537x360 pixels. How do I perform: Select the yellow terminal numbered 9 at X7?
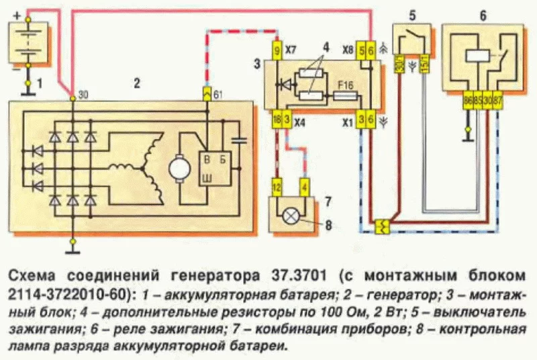tap(277, 50)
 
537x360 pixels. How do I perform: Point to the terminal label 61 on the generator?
tap(218, 95)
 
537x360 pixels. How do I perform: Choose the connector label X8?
tap(348, 50)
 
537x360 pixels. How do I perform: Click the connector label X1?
tap(346, 123)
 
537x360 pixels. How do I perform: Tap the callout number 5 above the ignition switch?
tap(412, 15)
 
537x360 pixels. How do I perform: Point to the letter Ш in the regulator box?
tap(208, 178)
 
